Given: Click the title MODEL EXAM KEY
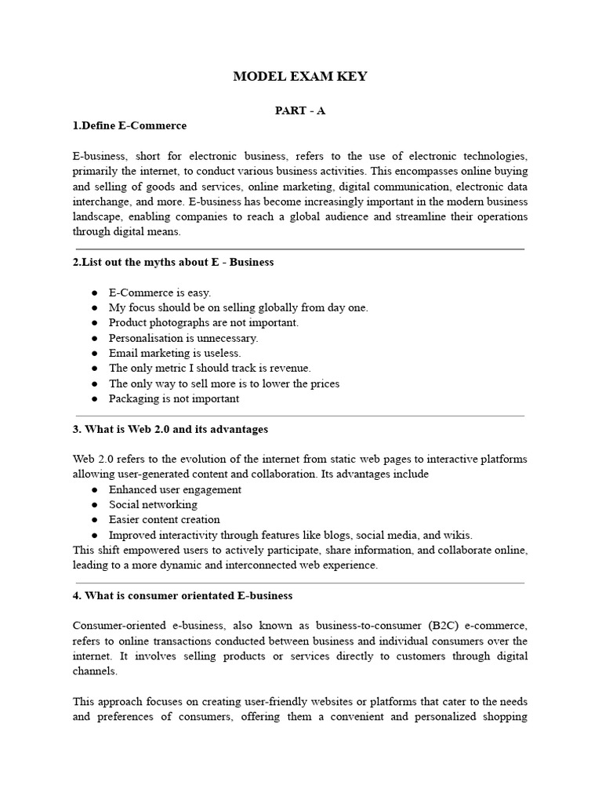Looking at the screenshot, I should [300, 76].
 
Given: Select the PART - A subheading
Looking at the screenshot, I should [300, 111].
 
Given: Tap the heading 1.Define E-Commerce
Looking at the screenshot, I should [129, 125].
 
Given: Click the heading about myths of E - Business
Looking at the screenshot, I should [173, 262].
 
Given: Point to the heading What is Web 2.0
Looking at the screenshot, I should [170, 429].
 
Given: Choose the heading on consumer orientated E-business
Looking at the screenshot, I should [183, 595].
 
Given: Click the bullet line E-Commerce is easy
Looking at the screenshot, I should [160, 292].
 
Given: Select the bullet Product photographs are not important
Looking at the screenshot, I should [204, 322].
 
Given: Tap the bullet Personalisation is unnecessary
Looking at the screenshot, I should [183, 338].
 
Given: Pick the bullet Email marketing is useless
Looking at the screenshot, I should [175, 353].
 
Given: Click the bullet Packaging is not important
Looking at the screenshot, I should [174, 398].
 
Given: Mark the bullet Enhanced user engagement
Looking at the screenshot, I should [175, 489].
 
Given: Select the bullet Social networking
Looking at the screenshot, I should [153, 504].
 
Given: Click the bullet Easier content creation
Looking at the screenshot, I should [165, 519].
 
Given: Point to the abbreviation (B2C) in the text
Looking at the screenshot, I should [448, 626].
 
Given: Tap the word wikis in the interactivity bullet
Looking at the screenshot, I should [457, 535].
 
